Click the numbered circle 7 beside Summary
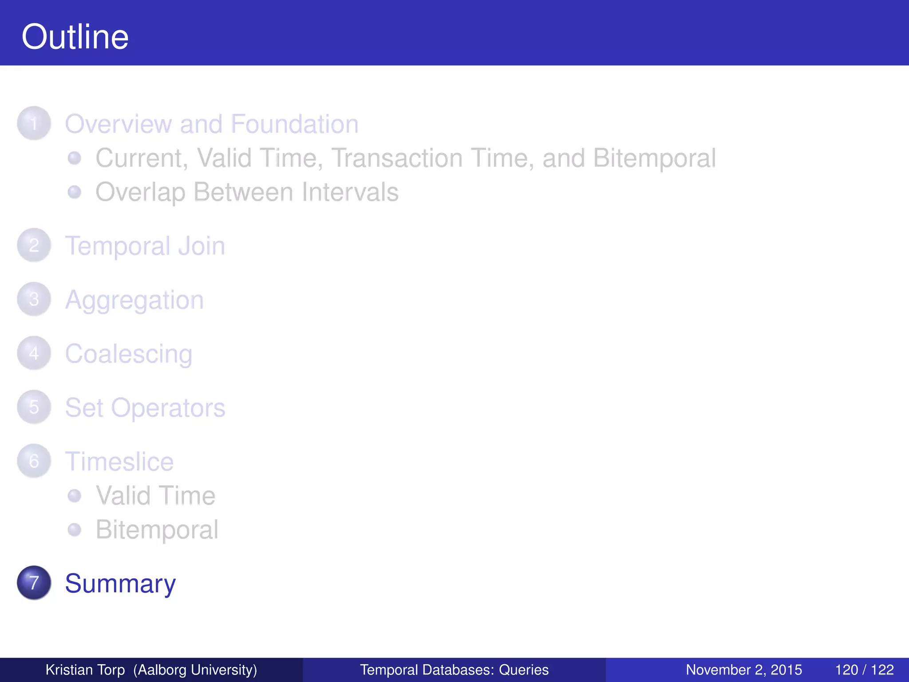[x=34, y=583]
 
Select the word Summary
[x=120, y=583]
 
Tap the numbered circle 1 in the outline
[x=34, y=123]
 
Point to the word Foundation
[x=295, y=124]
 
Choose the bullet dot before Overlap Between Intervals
[x=75, y=192]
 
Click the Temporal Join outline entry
[x=145, y=246]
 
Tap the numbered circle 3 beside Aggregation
[x=34, y=299]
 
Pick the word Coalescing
[x=129, y=354]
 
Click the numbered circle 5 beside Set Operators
[x=34, y=407]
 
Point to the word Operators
[x=168, y=408]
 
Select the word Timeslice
[x=119, y=462]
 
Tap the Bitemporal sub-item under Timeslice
[x=157, y=530]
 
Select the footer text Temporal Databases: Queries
[x=454, y=670]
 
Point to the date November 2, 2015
[x=744, y=670]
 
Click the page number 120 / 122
[x=864, y=670]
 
